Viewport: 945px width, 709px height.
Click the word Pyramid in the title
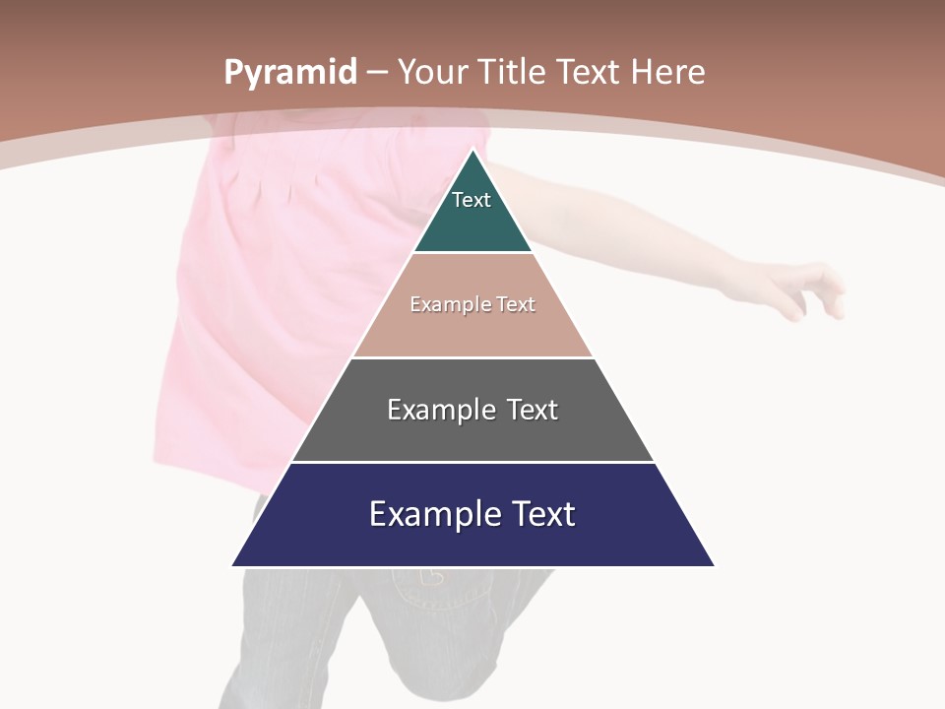(x=290, y=73)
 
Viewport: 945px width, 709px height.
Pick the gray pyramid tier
(x=472, y=433)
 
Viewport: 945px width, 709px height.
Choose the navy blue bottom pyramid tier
(x=472, y=542)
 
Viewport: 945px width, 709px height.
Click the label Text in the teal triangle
(x=472, y=200)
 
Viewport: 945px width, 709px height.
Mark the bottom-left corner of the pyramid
(x=234, y=564)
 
